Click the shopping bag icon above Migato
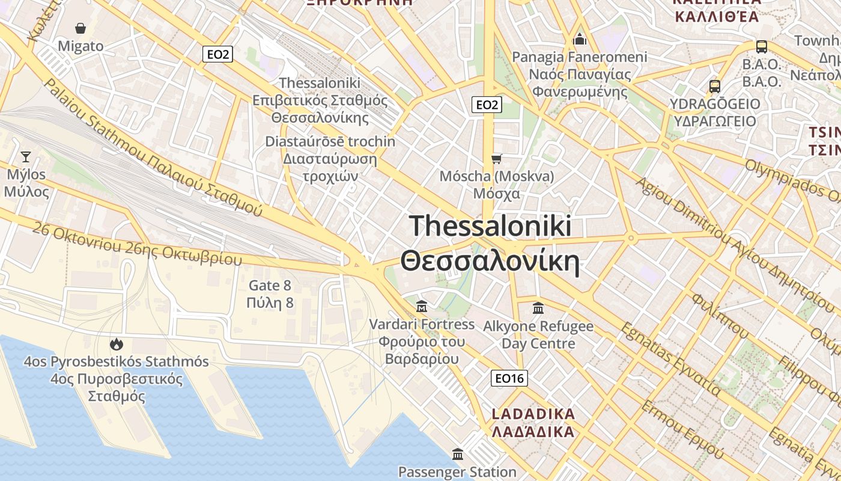[x=80, y=28]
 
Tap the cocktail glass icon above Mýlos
[x=25, y=157]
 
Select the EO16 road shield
[x=509, y=378]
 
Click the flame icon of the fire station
[x=116, y=344]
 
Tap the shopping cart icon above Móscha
[x=496, y=159]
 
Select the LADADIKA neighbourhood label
[x=533, y=414]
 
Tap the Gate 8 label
[x=270, y=286]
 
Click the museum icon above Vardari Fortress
[x=422, y=307]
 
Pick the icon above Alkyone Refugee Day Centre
[x=538, y=308]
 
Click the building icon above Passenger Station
[x=458, y=454]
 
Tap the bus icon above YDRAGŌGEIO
[x=714, y=86]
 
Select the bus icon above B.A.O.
[x=761, y=46]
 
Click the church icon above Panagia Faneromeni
[x=580, y=39]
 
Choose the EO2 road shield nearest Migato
[x=217, y=55]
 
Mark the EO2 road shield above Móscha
[x=487, y=105]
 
